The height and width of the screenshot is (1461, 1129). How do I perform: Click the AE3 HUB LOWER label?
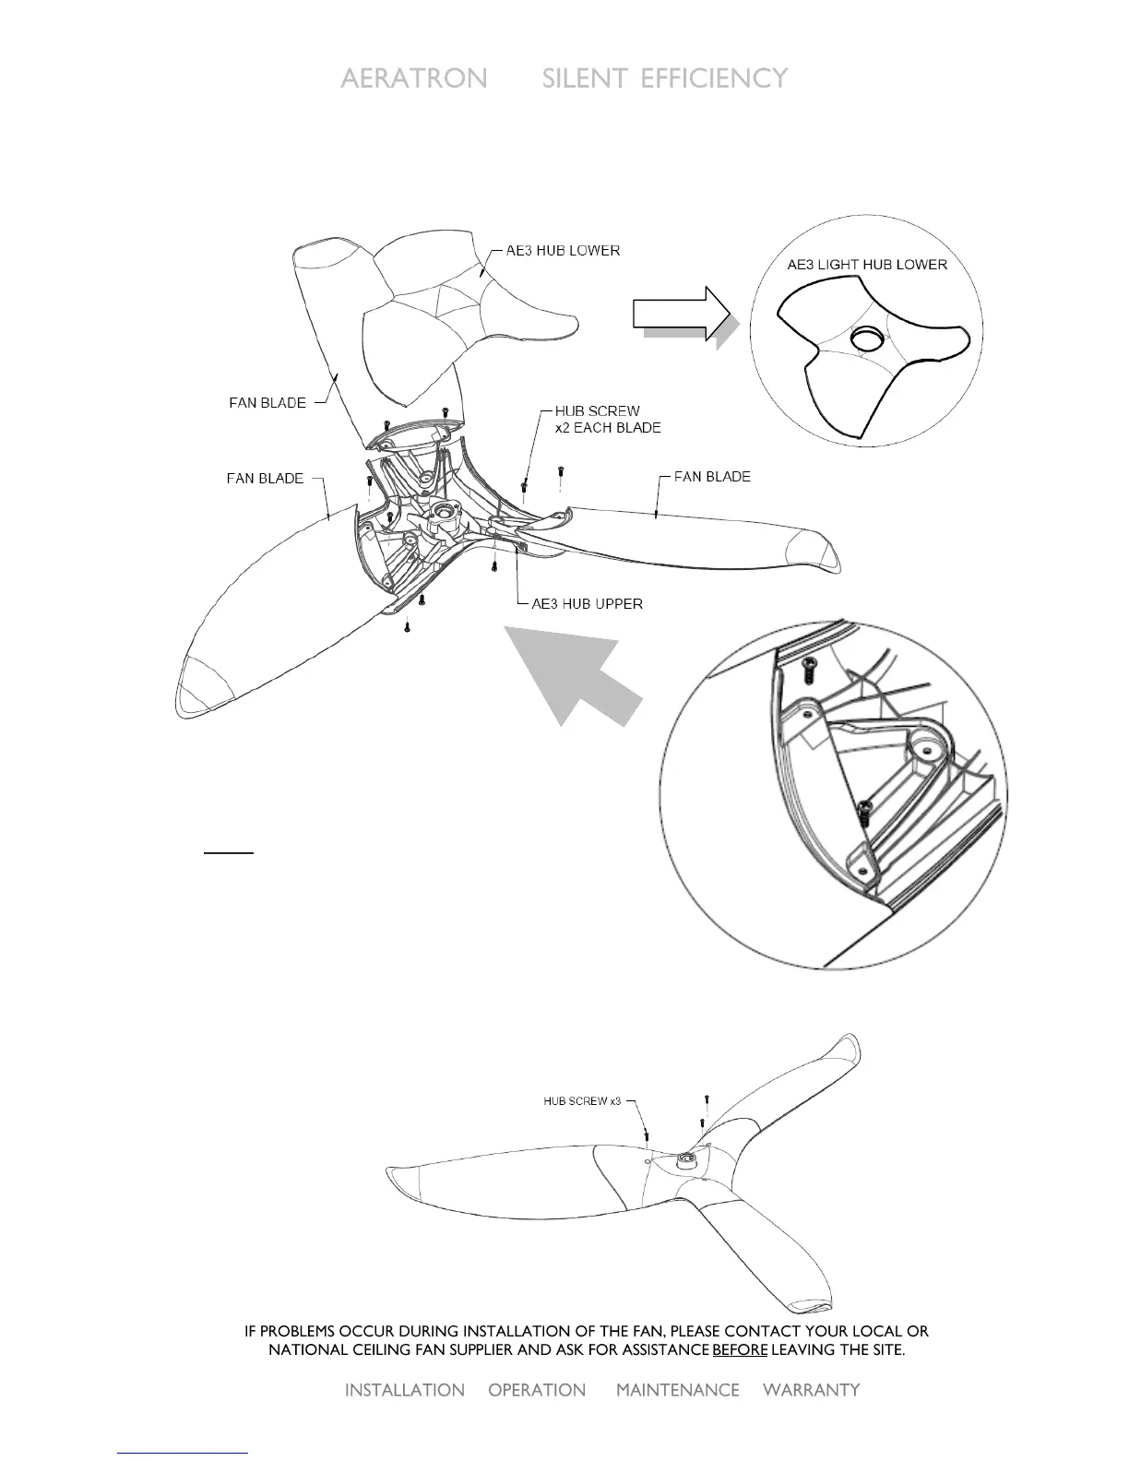click(563, 251)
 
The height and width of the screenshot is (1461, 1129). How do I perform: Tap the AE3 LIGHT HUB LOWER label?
click(866, 265)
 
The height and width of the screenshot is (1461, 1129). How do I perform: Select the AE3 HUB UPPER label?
click(587, 604)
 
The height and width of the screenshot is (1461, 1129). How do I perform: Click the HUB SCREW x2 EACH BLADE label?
click(607, 420)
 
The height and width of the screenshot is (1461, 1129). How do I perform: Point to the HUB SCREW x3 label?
click(582, 1101)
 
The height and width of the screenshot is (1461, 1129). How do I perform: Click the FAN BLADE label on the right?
click(712, 477)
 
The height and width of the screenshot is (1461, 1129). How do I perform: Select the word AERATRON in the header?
click(414, 78)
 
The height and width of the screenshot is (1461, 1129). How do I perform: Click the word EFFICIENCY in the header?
click(714, 78)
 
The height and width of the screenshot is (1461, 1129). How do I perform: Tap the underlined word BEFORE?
click(740, 1350)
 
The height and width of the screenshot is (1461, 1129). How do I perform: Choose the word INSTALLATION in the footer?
click(404, 1390)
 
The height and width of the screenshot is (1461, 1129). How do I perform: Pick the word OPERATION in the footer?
click(537, 1390)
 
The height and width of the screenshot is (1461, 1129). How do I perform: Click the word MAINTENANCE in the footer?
click(678, 1390)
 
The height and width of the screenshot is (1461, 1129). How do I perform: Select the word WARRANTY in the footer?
click(812, 1390)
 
